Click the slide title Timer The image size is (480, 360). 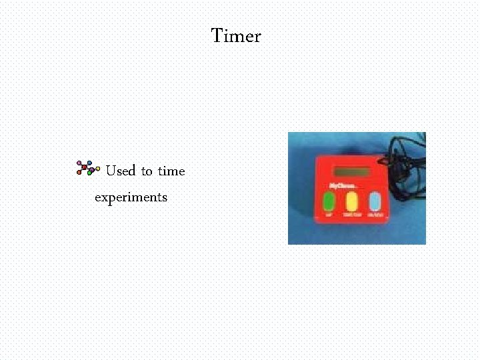(x=236, y=36)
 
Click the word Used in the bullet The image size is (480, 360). (x=121, y=171)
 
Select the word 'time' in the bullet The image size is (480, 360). (x=171, y=171)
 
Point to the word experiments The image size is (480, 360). (x=131, y=197)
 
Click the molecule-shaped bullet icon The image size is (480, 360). (x=88, y=168)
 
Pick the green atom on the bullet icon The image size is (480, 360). (x=89, y=173)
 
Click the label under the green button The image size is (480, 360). (x=329, y=216)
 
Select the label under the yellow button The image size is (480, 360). (x=352, y=215)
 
